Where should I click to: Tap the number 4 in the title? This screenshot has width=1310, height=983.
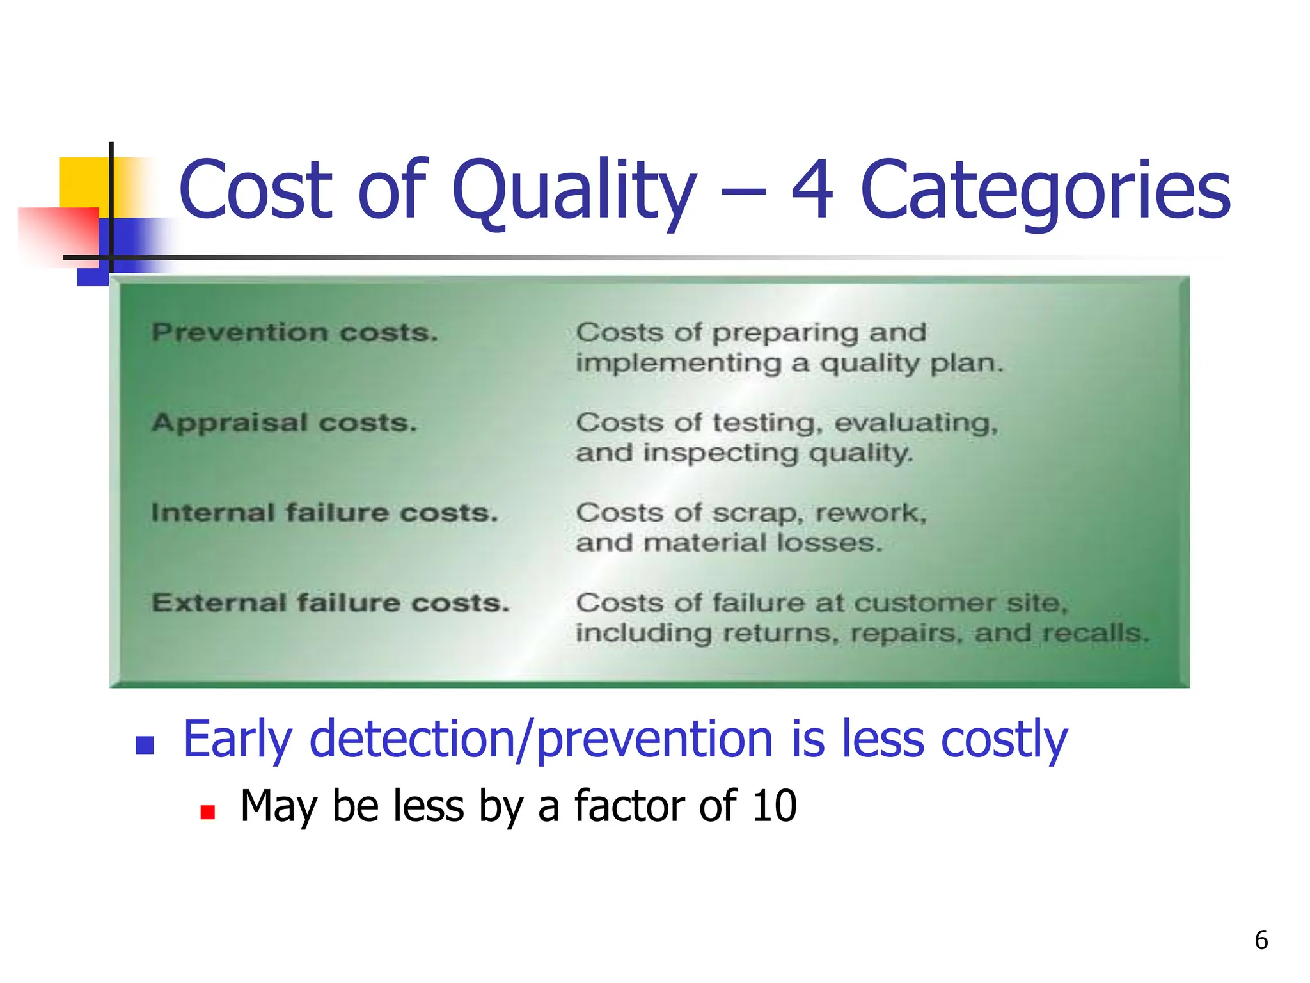tap(812, 191)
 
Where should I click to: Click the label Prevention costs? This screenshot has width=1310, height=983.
tap(295, 333)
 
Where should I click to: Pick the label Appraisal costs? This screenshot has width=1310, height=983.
tap(285, 423)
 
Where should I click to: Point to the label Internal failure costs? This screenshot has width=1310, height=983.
tap(324, 513)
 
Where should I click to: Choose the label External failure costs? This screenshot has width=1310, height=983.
tap(331, 603)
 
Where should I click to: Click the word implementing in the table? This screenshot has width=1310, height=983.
tap(679, 364)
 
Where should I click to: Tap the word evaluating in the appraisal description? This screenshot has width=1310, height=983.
tap(916, 424)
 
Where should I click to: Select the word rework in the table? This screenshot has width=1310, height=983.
tap(870, 513)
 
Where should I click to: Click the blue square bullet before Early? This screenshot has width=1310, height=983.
tap(145, 745)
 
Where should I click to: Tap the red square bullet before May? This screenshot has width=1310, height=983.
tap(207, 812)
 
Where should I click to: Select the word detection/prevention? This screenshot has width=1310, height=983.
tap(541, 740)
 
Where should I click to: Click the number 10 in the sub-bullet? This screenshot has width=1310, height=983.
tap(774, 806)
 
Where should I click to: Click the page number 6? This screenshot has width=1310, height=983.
tap(1261, 940)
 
